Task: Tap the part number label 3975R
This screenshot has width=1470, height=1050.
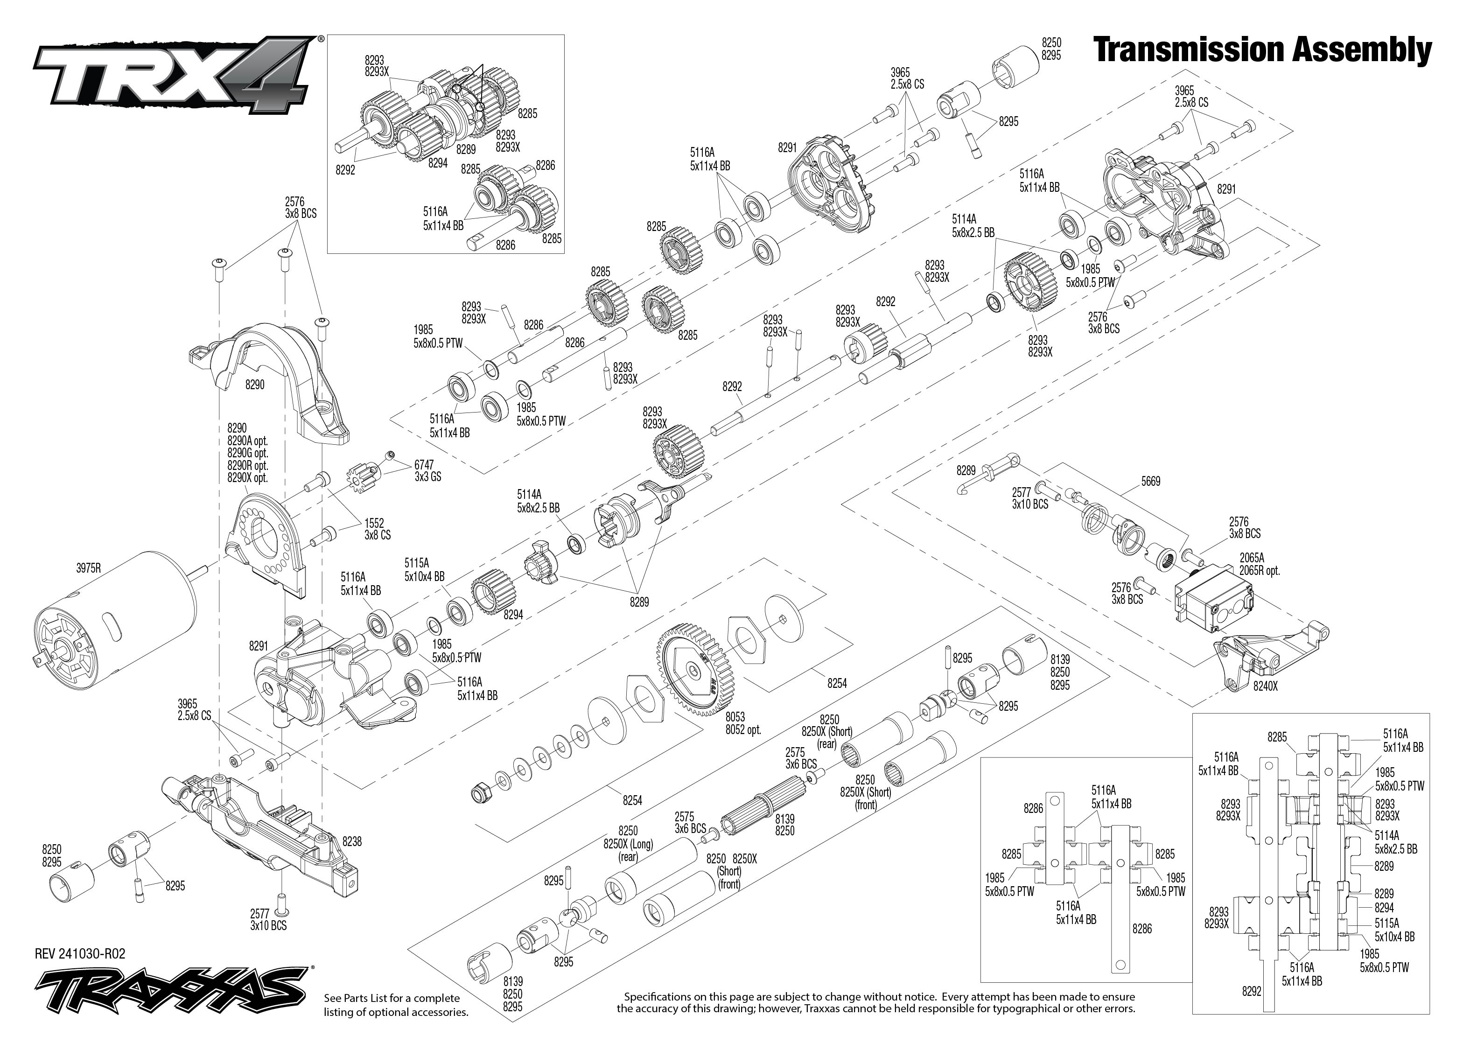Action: tap(89, 568)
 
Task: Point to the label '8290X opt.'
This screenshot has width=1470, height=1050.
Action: tap(247, 478)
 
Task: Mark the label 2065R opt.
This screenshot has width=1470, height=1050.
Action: tap(1259, 571)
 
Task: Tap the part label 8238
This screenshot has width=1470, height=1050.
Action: tap(352, 841)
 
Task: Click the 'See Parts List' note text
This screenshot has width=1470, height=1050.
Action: tap(396, 1005)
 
